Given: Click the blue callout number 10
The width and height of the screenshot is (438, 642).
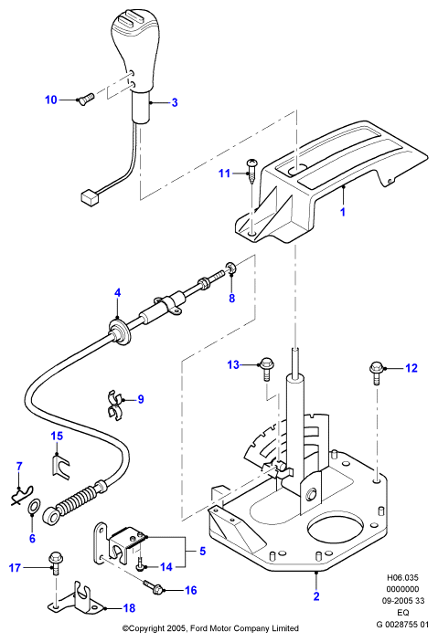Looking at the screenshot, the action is click(51, 100).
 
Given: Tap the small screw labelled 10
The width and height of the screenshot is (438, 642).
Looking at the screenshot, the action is click(85, 99).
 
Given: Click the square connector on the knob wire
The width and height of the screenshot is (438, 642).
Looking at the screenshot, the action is click(91, 197).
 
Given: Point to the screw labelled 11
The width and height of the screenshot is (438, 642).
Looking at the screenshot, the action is click(251, 171).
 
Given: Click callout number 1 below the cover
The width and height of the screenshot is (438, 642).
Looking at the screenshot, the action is click(343, 212).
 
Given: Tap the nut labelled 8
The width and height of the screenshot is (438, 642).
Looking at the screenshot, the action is click(231, 269).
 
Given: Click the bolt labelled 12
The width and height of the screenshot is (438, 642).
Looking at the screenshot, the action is click(376, 373).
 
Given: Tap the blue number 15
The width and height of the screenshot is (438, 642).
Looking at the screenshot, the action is click(57, 436).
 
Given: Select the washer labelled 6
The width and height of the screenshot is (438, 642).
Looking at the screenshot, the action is click(35, 506).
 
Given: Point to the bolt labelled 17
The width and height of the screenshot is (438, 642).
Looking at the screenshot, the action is click(55, 563).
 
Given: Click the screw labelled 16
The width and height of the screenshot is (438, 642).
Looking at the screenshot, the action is click(154, 587).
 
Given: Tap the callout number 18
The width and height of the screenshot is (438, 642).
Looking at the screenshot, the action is click(129, 608).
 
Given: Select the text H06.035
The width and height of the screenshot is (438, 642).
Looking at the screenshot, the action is click(402, 578).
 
